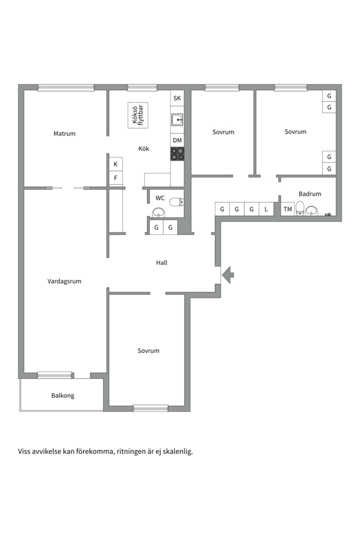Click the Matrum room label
coord(64,133)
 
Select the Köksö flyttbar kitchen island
coord(138,115)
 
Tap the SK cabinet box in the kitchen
coord(177,98)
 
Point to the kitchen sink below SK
coord(177,120)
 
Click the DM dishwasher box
coord(177,140)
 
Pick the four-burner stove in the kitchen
coord(177,153)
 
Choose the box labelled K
coord(115,164)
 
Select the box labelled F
coord(115,177)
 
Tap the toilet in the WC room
coord(176,202)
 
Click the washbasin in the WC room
coord(158,213)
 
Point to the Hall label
coord(161,262)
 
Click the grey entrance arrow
coord(228,274)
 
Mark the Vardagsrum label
coord(64,281)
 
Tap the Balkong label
coord(62,395)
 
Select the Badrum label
coord(310,194)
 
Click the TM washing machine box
coord(287,209)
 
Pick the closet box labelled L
coord(266,209)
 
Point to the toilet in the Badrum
coord(300,208)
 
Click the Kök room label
coord(143,148)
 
